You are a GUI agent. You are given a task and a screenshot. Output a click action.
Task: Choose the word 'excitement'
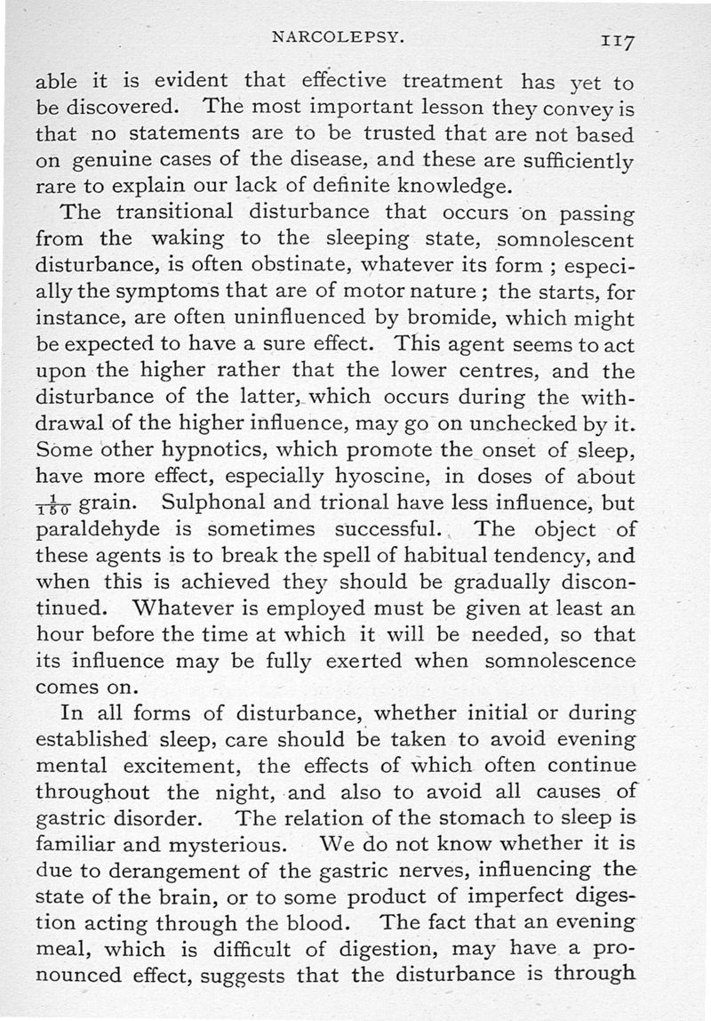[175, 766]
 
